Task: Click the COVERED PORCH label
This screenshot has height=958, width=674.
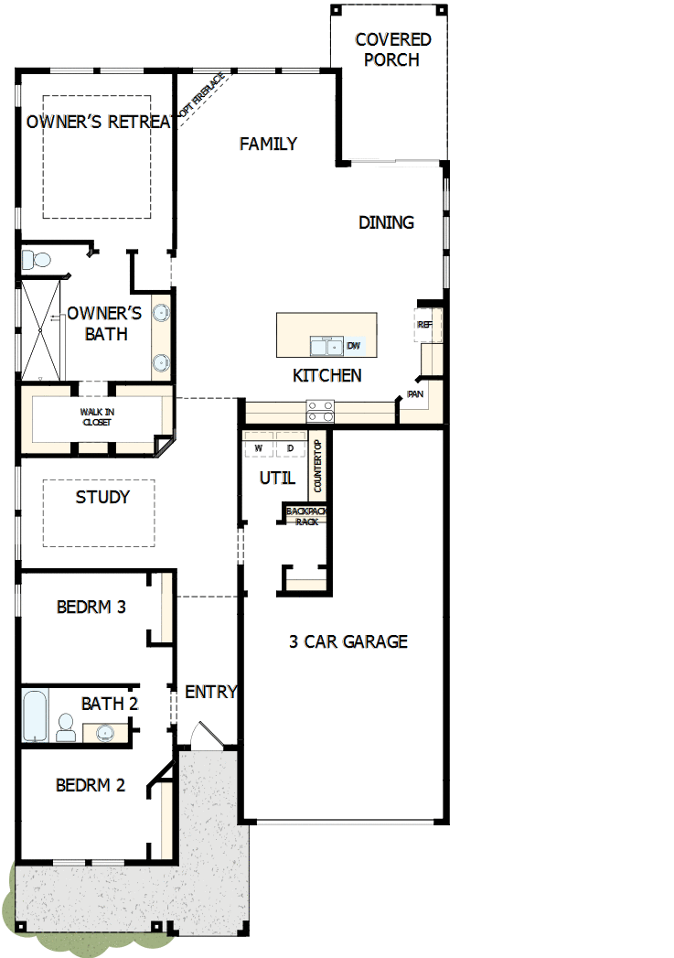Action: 392,50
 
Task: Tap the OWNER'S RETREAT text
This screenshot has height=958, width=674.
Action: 100,122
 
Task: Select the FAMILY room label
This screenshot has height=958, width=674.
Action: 268,144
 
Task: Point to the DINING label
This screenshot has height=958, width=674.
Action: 386,222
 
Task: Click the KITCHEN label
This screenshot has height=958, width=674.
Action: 326,375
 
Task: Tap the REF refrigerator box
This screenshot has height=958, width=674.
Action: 425,325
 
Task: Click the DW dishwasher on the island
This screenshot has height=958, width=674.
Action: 354,346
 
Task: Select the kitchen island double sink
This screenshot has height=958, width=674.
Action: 326,346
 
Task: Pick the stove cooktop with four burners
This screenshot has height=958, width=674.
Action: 319,411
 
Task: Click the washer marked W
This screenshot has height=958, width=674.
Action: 258,448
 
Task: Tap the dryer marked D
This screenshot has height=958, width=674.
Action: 290,448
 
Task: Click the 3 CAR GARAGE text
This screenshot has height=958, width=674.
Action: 348,641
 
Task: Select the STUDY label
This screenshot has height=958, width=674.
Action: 102,498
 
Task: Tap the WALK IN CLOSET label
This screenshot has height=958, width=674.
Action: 98,417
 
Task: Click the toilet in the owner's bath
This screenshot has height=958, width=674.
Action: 34,260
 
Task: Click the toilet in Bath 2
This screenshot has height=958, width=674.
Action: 66,728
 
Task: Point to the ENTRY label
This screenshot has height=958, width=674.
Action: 211,692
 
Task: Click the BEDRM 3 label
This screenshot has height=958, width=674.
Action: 91,607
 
